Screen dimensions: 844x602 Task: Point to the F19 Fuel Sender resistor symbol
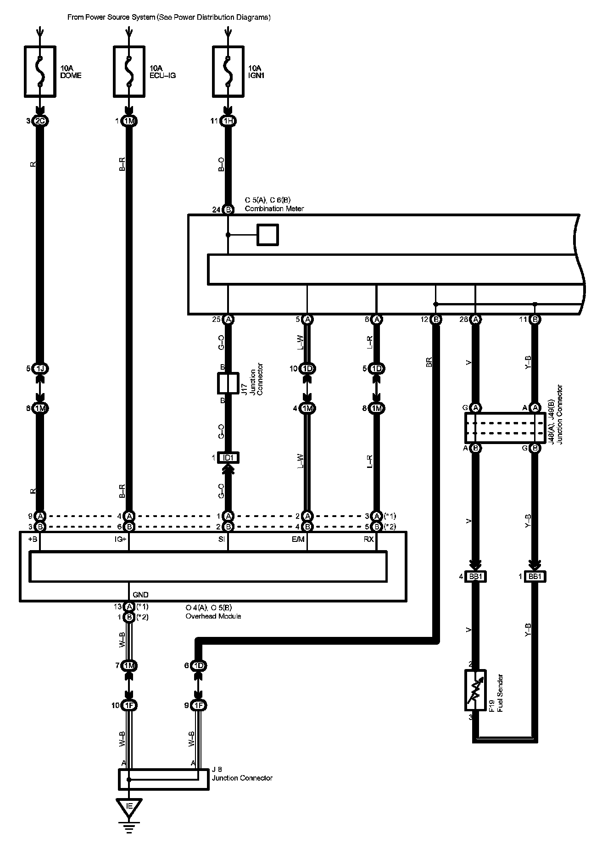tap(476, 690)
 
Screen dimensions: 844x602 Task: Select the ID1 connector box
tap(228, 458)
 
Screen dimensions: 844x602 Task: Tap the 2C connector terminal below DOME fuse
tap(40, 121)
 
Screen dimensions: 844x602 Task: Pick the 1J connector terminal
tap(40, 368)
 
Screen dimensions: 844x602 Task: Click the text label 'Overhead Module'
tap(213, 616)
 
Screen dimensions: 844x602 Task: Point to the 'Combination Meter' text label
tap(274, 208)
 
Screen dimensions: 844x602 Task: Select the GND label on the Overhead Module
tap(140, 595)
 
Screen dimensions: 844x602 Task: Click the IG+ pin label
tap(120, 540)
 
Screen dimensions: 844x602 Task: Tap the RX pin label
tap(368, 540)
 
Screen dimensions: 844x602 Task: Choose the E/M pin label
tap(298, 540)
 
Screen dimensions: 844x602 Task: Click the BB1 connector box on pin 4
tap(476, 577)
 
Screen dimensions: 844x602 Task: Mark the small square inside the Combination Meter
tap(268, 235)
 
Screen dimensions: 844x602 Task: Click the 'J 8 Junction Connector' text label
tap(242, 775)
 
